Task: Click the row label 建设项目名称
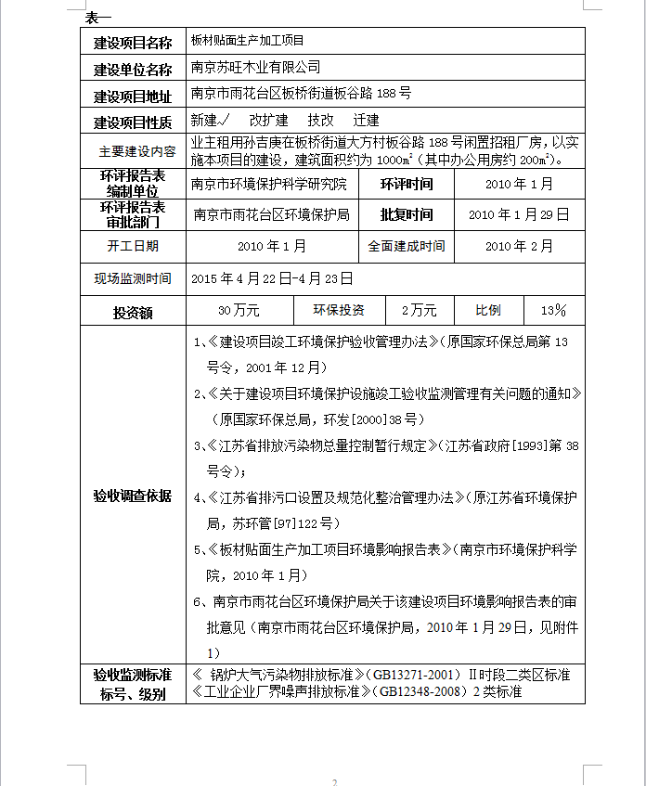tap(133, 43)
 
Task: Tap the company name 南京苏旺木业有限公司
tap(255, 68)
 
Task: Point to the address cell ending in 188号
tap(301, 94)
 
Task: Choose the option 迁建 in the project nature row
tap(366, 121)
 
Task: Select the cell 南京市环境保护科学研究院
tap(268, 184)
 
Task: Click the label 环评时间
tap(407, 184)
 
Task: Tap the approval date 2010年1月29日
tap(519, 214)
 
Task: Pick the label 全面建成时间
tap(407, 246)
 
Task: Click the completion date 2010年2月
tap(519, 246)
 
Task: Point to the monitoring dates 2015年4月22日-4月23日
tap(272, 277)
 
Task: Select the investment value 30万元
tap(239, 310)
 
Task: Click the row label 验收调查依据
tap(132, 496)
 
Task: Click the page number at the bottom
tap(334, 781)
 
